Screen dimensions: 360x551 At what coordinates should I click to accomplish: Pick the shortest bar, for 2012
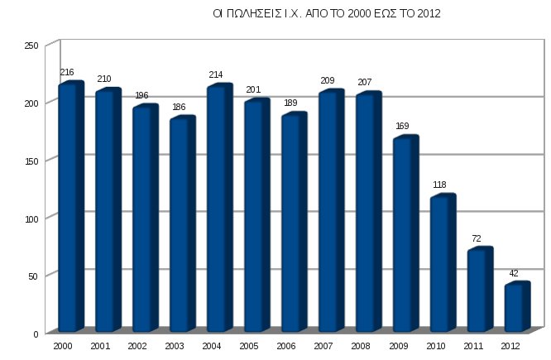pyautogui.click(x=515, y=307)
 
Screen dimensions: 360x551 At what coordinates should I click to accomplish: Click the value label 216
pyautogui.click(x=67, y=73)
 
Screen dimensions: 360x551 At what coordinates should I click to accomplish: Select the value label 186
pyautogui.click(x=179, y=108)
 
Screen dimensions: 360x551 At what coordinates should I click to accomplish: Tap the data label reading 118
pyautogui.click(x=439, y=185)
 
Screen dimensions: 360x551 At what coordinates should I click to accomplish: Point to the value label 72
pyautogui.click(x=477, y=238)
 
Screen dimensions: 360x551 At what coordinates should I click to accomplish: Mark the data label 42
pyautogui.click(x=514, y=273)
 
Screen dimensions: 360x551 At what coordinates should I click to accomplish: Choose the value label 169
pyautogui.click(x=402, y=127)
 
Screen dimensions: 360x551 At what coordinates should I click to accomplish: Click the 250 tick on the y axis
pyautogui.click(x=31, y=46)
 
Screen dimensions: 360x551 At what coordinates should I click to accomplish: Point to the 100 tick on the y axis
pyautogui.click(x=31, y=218)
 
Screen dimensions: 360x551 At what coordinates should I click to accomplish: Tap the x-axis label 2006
pyautogui.click(x=285, y=345)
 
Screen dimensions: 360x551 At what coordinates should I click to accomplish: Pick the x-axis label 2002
pyautogui.click(x=137, y=345)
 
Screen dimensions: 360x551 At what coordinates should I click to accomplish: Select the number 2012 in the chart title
pyautogui.click(x=429, y=14)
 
